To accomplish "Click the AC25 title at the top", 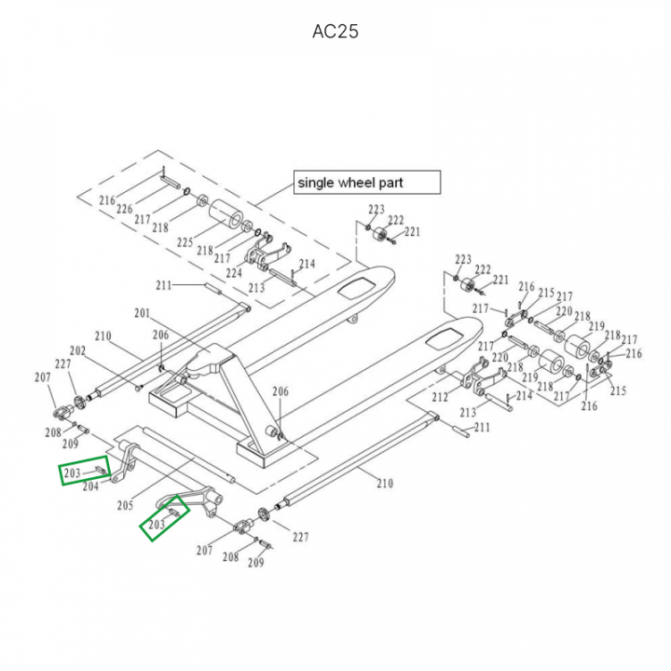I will [x=335, y=32].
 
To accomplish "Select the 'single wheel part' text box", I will [x=366, y=183].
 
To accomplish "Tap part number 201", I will [x=142, y=313].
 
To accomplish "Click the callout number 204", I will [x=90, y=486].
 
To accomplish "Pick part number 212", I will [x=441, y=397].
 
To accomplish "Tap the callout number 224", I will [x=233, y=273].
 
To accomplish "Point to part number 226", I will [x=124, y=210].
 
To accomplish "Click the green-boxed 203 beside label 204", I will [x=74, y=475].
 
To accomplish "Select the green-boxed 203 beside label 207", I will [x=157, y=525].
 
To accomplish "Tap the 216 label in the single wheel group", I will [x=107, y=200].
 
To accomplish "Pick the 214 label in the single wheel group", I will [x=307, y=265].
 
